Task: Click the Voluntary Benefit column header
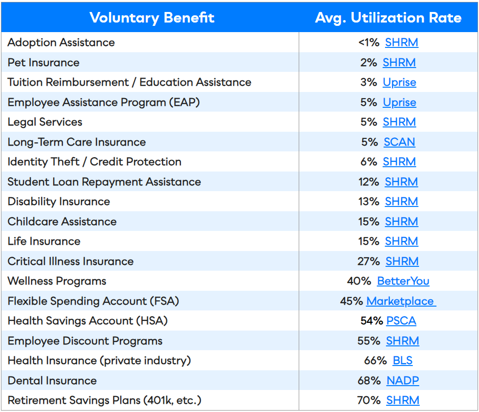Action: point(152,18)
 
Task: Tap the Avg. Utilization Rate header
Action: point(388,18)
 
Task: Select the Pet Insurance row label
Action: point(44,63)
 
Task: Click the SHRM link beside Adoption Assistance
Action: point(401,43)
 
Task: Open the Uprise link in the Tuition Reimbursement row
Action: point(399,82)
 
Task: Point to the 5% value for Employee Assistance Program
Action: point(369,103)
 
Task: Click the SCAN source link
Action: point(399,142)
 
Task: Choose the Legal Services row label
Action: point(45,122)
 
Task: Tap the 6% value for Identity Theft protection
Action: point(369,162)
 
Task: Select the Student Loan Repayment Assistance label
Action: point(104,182)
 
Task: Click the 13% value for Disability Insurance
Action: point(369,202)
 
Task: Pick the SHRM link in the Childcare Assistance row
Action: point(401,222)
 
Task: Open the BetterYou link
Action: point(403,281)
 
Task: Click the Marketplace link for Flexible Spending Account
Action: point(400,301)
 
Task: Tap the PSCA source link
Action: point(401,321)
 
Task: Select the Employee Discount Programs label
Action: point(85,341)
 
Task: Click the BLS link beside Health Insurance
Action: point(402,361)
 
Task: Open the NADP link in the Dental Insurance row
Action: point(403,381)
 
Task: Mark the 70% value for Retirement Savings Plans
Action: point(369,401)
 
